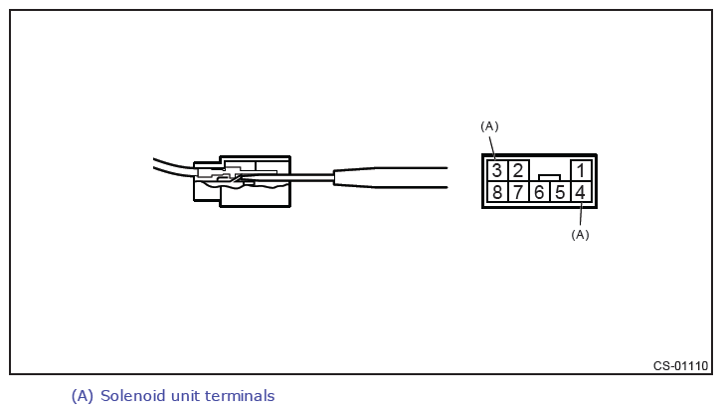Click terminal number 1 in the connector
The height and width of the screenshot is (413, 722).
pos(581,170)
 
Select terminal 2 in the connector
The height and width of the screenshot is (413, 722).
pos(518,170)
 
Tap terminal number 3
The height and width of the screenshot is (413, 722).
pos(497,170)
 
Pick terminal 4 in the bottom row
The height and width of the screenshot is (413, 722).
pos(581,192)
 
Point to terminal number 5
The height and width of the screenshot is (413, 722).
pos(560,192)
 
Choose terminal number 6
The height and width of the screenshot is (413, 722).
pos(539,192)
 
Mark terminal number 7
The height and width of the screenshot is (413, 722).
pos(518,192)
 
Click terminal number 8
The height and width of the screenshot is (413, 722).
pos(497,192)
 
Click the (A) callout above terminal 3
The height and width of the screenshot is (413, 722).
pos(489,126)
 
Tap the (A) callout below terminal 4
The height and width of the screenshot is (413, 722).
pos(580,235)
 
